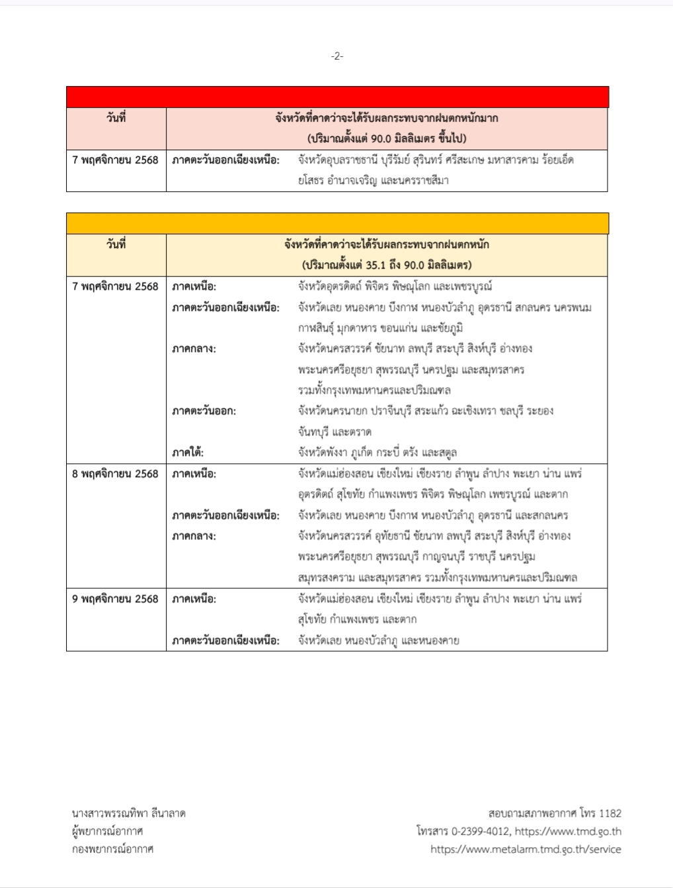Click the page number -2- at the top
coord(336,56)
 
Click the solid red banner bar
coord(337,97)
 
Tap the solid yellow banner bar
coord(337,223)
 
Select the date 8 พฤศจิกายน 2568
coord(116,474)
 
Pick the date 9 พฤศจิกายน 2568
coord(116,599)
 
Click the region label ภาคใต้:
coord(188,453)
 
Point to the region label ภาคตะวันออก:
coord(204,411)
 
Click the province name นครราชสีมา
coord(424,181)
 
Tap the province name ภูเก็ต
coord(358,453)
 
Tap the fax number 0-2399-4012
coord(480,831)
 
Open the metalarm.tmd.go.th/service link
coord(526,849)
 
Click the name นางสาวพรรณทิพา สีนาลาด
coord(129,813)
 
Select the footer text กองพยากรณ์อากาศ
coord(113,849)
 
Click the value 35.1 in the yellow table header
coord(377,265)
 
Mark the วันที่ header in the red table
coord(116,118)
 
